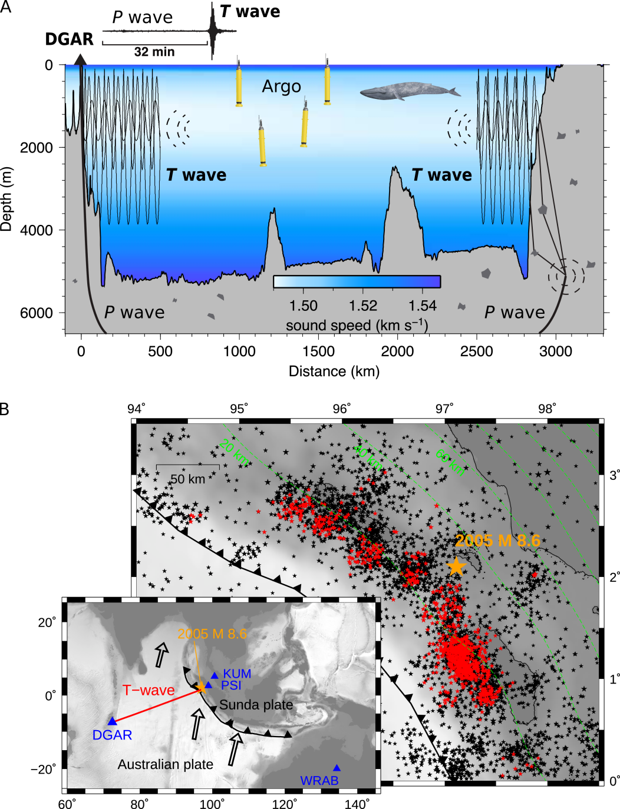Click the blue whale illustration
(x=410, y=91)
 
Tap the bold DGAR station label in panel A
(x=69, y=39)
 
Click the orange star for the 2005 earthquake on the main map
(x=456, y=566)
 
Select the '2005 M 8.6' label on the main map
(x=497, y=541)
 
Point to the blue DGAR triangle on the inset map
(x=112, y=721)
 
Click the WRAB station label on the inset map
(x=319, y=781)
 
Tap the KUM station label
(x=237, y=674)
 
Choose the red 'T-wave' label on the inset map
(x=149, y=690)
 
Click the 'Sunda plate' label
(x=256, y=705)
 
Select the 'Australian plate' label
(x=165, y=764)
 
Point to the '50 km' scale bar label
(x=188, y=479)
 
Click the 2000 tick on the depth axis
(x=37, y=148)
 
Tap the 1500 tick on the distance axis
(x=318, y=352)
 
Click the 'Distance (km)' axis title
(x=334, y=372)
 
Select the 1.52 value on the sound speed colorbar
(x=362, y=306)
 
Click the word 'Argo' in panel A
(x=281, y=87)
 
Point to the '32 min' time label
(x=154, y=52)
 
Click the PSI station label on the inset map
(x=232, y=685)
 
